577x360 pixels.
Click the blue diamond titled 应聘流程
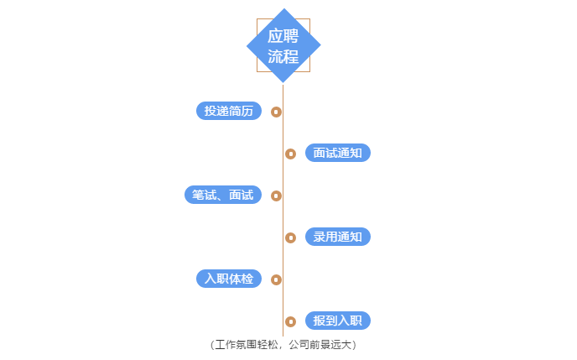283,45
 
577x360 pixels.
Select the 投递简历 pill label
229,111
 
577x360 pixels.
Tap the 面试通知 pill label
338,153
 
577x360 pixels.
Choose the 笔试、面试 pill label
223,195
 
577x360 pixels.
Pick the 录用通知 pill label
338,237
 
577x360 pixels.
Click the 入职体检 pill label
229,279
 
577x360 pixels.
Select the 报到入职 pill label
338,321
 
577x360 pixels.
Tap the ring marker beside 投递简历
277,112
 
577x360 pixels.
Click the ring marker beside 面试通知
290,154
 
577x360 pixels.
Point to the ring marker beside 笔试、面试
277,196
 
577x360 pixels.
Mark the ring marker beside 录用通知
290,237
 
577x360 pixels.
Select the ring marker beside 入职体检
277,279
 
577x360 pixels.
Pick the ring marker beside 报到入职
290,321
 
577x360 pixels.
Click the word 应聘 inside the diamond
283,36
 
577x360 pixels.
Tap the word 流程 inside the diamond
283,56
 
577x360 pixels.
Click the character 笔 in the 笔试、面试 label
198,195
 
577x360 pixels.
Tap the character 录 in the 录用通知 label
320,237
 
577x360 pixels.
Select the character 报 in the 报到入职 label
320,321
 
